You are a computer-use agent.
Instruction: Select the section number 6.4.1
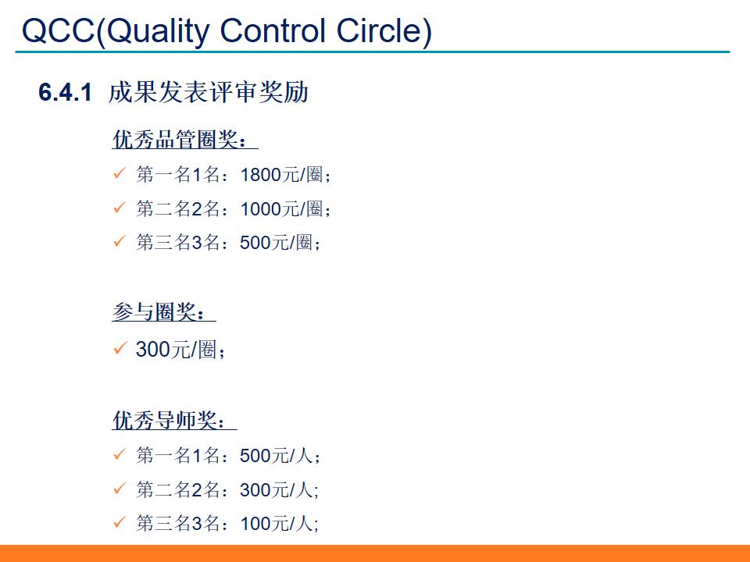click(x=66, y=93)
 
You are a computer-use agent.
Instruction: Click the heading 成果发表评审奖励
click(x=209, y=92)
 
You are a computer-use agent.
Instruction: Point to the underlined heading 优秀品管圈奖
click(x=180, y=140)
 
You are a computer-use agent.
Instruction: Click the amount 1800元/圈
click(x=281, y=175)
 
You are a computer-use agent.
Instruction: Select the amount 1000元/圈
click(x=281, y=209)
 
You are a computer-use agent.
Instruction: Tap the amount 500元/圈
click(x=276, y=243)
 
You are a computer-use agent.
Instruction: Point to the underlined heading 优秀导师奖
click(x=170, y=421)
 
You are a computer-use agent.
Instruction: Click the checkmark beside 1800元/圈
click(x=120, y=173)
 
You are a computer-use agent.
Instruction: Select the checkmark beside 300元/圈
click(x=120, y=348)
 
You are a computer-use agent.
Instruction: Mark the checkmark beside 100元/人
click(x=120, y=522)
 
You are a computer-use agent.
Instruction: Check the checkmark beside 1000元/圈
click(x=120, y=208)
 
